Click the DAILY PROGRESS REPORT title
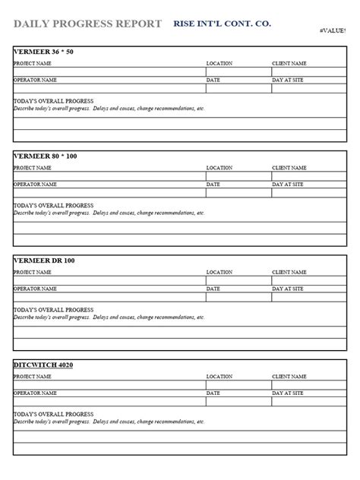click(87, 24)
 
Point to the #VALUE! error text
click(333, 31)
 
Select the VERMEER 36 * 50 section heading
click(45, 52)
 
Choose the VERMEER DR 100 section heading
click(44, 261)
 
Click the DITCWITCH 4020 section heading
click(43, 365)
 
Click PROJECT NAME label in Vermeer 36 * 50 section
click(33, 63)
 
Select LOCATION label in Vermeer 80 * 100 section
click(219, 167)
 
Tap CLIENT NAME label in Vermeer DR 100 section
click(289, 272)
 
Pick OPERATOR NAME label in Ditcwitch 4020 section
click(35, 393)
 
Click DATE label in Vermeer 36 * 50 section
click(213, 79)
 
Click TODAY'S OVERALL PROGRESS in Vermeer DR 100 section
click(54, 310)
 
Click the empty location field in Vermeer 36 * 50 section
click(238, 71)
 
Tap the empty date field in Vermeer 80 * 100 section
click(238, 192)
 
